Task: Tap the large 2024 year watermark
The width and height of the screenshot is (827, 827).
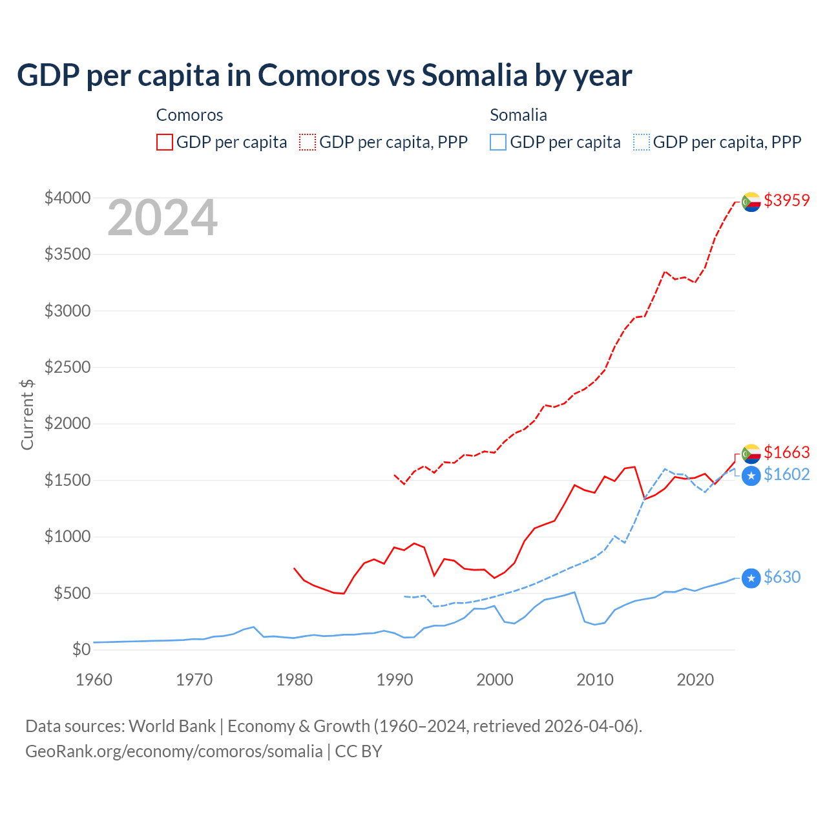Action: [162, 218]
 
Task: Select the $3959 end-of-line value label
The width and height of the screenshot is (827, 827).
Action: [786, 200]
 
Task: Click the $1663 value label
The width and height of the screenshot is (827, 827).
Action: [786, 452]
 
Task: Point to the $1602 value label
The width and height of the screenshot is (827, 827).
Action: [786, 474]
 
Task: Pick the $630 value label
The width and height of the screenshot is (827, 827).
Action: [782, 577]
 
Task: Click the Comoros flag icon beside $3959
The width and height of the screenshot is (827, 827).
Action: [751, 202]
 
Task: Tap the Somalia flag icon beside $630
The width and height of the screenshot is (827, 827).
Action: [751, 578]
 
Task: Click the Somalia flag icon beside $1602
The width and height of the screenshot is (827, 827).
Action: [751, 476]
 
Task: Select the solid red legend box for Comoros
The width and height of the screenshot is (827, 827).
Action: [165, 142]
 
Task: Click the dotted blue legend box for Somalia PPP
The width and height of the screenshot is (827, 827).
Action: [642, 142]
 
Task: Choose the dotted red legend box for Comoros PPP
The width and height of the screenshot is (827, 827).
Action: [308, 142]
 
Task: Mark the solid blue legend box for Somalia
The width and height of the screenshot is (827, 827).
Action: [498, 142]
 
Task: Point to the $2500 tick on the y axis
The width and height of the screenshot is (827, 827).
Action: [67, 367]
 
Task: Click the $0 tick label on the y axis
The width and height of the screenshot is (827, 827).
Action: [81, 649]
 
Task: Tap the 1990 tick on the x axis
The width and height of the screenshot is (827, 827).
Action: [394, 680]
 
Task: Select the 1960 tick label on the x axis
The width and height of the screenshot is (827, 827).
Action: [94, 680]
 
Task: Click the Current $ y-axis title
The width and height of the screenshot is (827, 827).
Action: [27, 414]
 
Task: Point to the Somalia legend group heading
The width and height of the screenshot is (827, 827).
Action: [518, 115]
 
